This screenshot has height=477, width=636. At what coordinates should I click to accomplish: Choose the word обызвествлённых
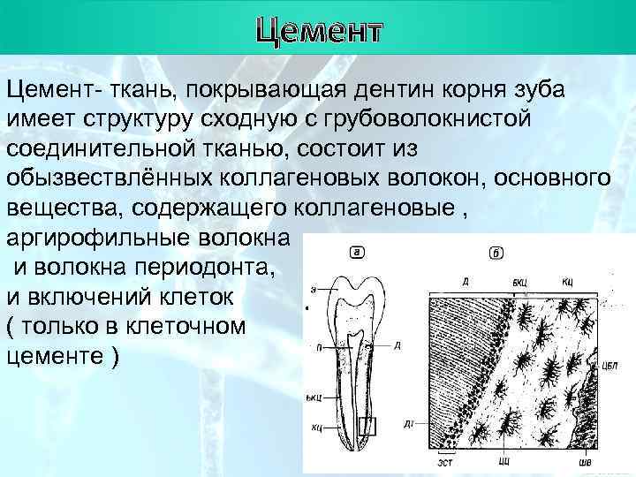point(104,178)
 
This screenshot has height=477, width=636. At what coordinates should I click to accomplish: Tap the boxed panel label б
point(497,254)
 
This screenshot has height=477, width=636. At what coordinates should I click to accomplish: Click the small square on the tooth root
point(368,428)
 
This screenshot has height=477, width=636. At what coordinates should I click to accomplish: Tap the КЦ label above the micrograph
point(568,281)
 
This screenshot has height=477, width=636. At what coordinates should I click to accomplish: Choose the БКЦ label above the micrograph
point(521,281)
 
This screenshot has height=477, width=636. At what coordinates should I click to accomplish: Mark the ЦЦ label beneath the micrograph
point(503,460)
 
